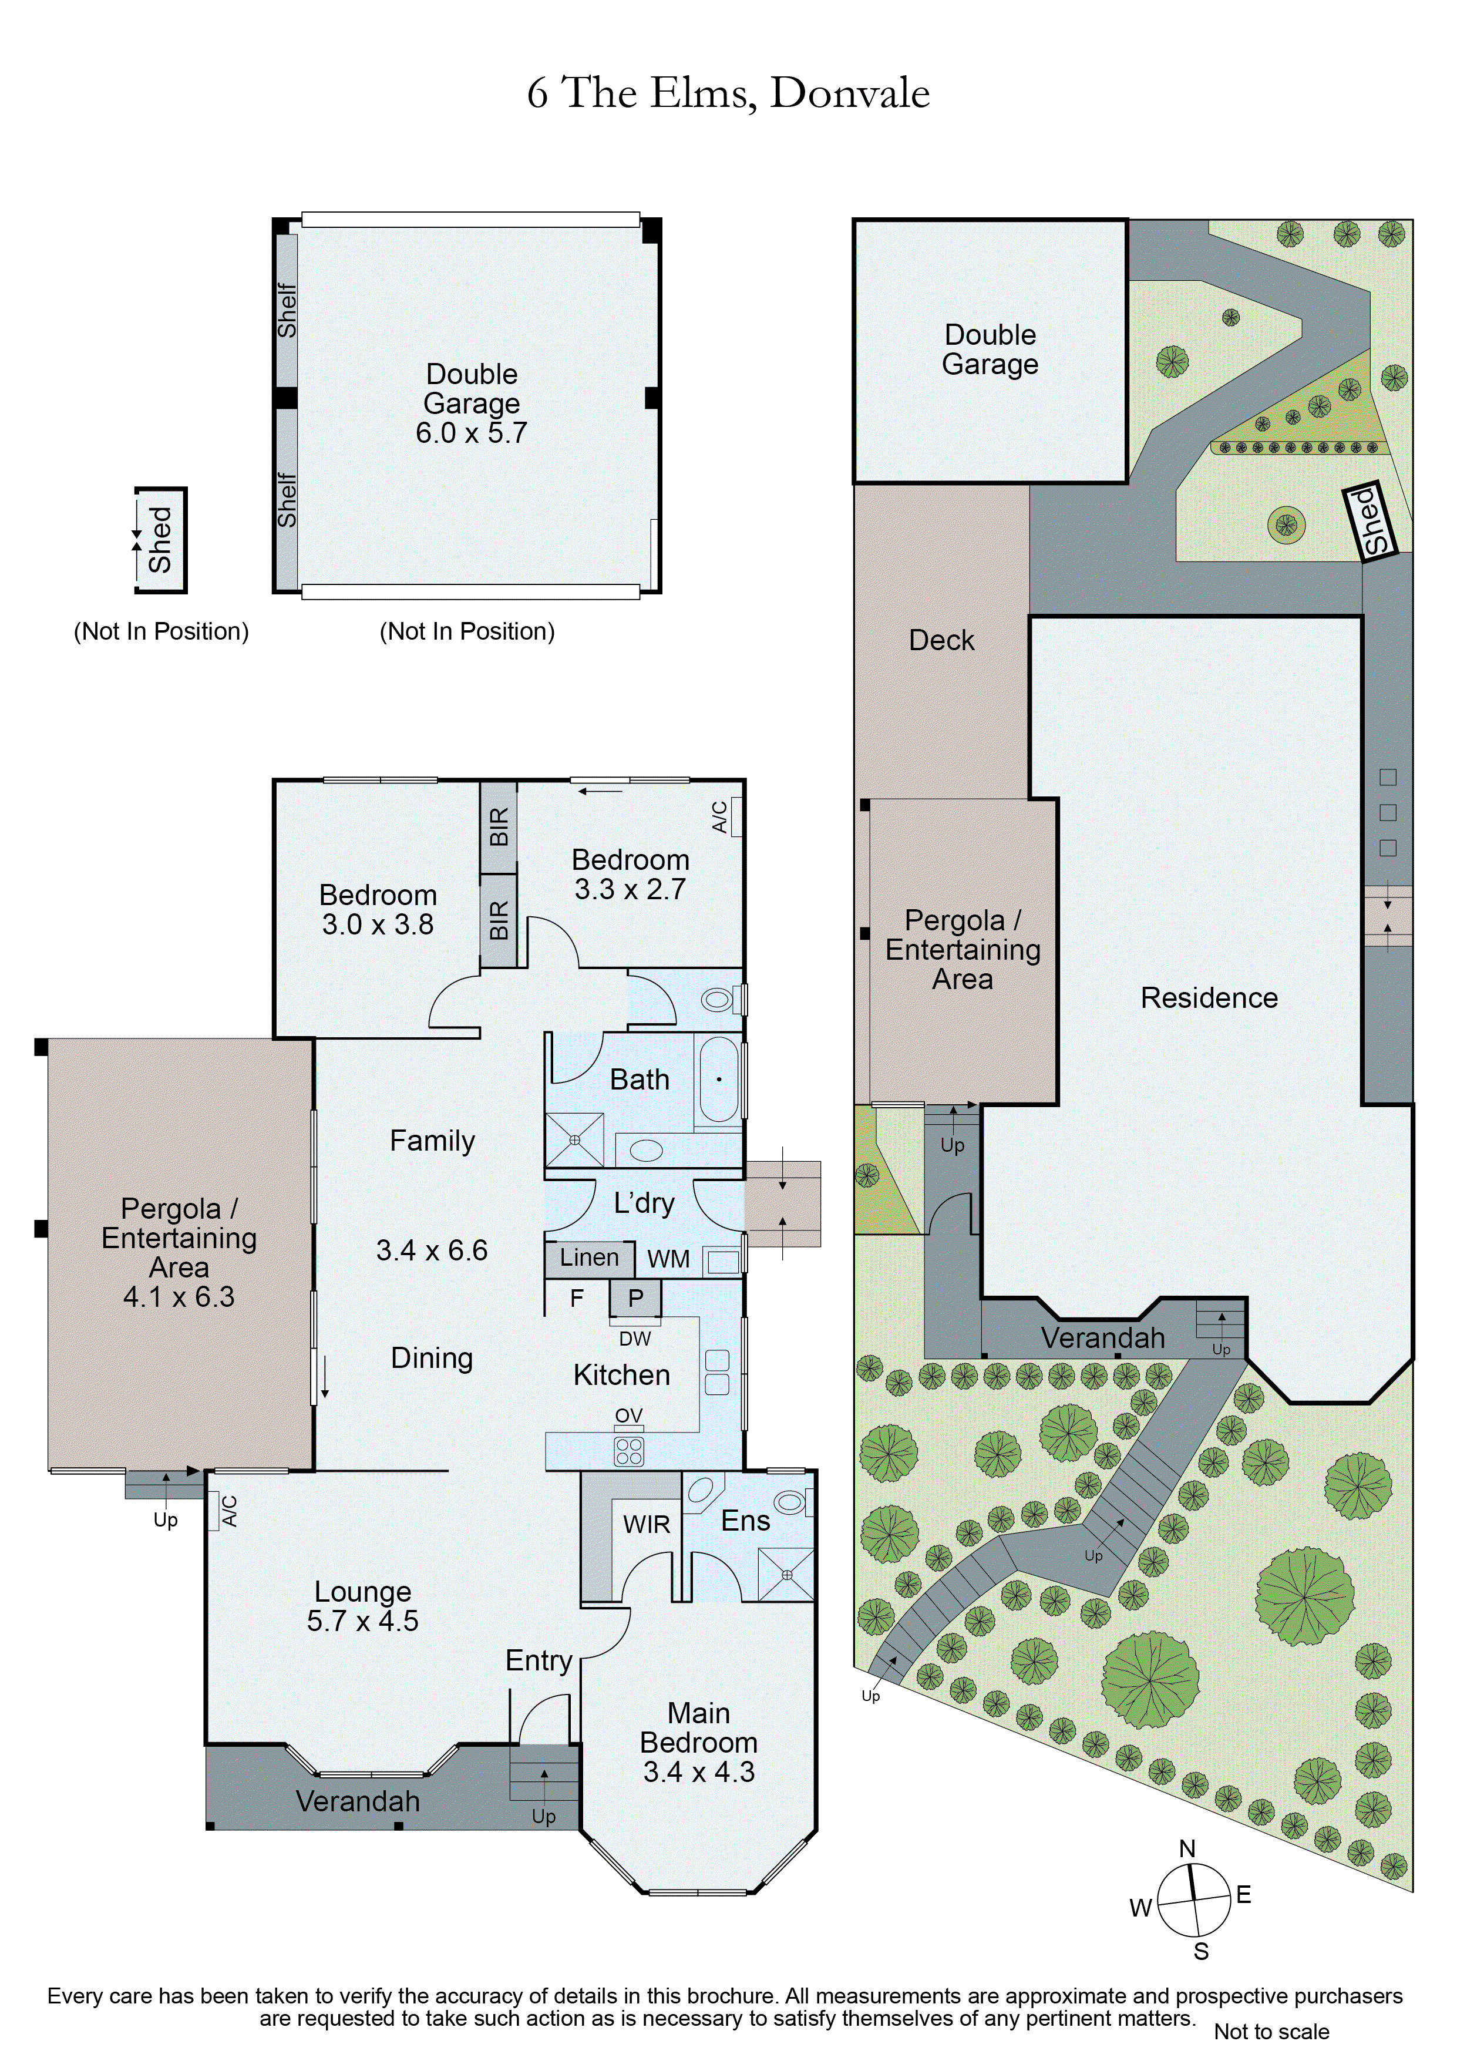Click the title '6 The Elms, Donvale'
tap(728, 92)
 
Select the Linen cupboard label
tap(589, 1258)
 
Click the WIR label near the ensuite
tap(647, 1524)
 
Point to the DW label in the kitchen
tap(635, 1339)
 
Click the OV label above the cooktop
tap(628, 1416)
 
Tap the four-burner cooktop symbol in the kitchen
tap(628, 1451)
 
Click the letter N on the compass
tap(1187, 1848)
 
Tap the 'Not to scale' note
tap(1271, 2032)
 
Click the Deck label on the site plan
tap(941, 640)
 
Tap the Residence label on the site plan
tap(1209, 997)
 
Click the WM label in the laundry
tap(668, 1259)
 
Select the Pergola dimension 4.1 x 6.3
tap(179, 1296)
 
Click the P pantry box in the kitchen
tap(635, 1298)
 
